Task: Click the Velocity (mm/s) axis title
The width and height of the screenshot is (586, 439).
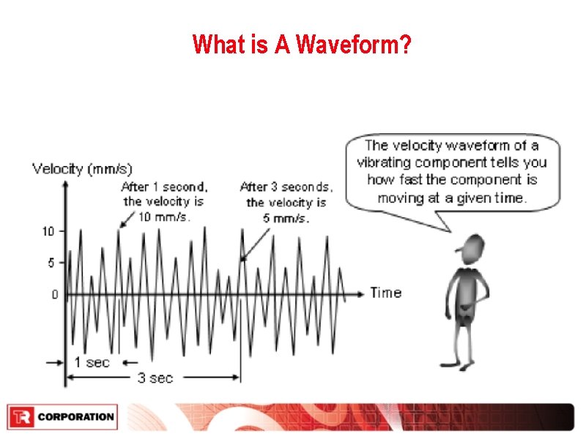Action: (x=82, y=169)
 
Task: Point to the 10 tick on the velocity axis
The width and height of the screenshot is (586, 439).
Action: (x=48, y=232)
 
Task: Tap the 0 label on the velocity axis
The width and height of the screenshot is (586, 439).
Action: (x=54, y=295)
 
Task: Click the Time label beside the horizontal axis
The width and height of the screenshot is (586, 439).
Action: (x=386, y=293)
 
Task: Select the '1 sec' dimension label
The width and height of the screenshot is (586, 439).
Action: (x=92, y=361)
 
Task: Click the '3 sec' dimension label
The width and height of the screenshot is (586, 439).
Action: (x=155, y=378)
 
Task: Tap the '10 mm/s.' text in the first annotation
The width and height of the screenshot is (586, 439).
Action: (x=166, y=216)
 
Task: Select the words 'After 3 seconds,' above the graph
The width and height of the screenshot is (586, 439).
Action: (x=286, y=187)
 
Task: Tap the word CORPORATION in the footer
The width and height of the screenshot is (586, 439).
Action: (x=75, y=417)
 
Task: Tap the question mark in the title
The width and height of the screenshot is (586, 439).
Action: (x=405, y=45)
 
